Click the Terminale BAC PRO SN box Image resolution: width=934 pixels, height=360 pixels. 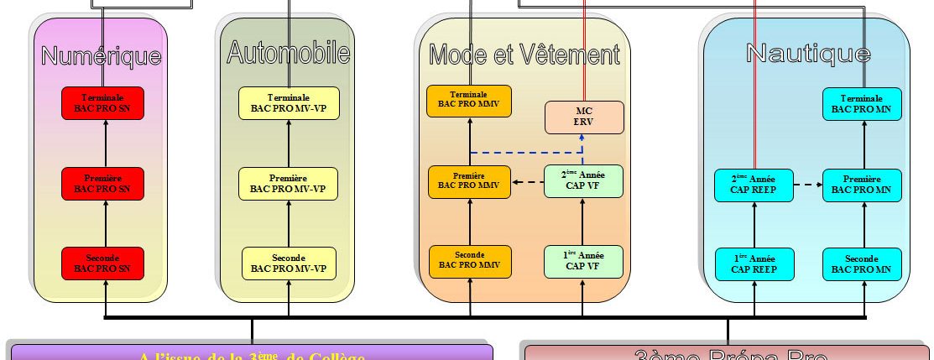click(102, 102)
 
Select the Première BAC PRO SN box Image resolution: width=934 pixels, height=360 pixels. click(102, 183)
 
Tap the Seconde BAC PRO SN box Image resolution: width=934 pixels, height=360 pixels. click(102, 263)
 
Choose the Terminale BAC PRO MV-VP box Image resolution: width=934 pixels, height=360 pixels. click(289, 103)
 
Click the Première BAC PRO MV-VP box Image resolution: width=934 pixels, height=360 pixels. click(289, 184)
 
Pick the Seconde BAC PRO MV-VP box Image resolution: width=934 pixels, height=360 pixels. click(289, 263)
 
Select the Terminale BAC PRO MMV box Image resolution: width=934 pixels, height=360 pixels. click(469, 101)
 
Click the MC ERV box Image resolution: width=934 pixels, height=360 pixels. click(584, 117)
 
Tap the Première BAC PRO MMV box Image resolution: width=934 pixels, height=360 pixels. click(469, 182)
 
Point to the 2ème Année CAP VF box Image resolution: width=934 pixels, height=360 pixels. click(584, 181)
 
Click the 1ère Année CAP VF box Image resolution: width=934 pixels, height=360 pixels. click(584, 261)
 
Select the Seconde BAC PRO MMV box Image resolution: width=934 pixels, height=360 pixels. click(469, 261)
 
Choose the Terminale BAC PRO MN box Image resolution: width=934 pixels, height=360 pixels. click(862, 103)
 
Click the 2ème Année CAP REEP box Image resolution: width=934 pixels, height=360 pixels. click(754, 185)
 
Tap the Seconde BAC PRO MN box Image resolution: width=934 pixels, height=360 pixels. click(862, 263)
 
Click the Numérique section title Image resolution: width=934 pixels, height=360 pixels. click(102, 56)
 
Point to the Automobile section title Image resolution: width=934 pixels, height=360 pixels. click(288, 53)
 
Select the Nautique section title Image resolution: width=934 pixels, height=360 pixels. click(807, 54)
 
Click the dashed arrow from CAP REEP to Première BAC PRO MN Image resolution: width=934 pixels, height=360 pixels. click(807, 185)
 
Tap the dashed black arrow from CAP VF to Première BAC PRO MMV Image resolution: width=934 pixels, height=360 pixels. click(527, 182)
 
